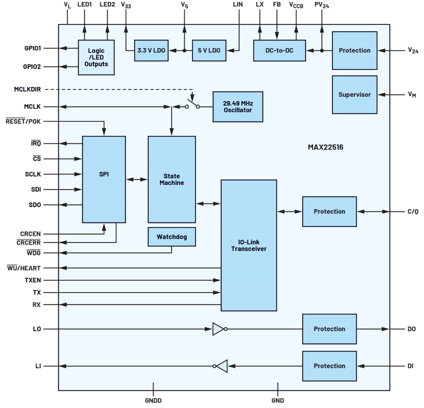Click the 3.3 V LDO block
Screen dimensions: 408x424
(x=151, y=50)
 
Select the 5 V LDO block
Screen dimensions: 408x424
(x=209, y=50)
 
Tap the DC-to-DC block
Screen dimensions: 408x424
(x=279, y=50)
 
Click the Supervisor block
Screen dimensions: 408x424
(x=354, y=95)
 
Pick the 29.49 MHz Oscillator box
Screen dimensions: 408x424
(x=238, y=107)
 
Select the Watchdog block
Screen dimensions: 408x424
(x=172, y=237)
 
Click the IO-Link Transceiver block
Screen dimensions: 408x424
(x=248, y=245)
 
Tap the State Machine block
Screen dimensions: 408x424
(x=172, y=179)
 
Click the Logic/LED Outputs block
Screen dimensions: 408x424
(x=96, y=57)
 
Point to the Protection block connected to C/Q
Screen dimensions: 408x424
(x=329, y=212)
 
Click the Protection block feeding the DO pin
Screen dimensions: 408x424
(x=329, y=329)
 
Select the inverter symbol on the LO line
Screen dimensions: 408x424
(x=219, y=329)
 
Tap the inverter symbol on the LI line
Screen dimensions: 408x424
(x=221, y=366)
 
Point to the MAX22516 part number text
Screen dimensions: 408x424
(x=325, y=147)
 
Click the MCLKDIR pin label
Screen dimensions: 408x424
(x=27, y=89)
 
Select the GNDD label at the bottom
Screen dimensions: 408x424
(x=153, y=400)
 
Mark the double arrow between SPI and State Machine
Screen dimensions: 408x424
(x=136, y=179)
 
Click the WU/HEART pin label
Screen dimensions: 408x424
(x=24, y=268)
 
